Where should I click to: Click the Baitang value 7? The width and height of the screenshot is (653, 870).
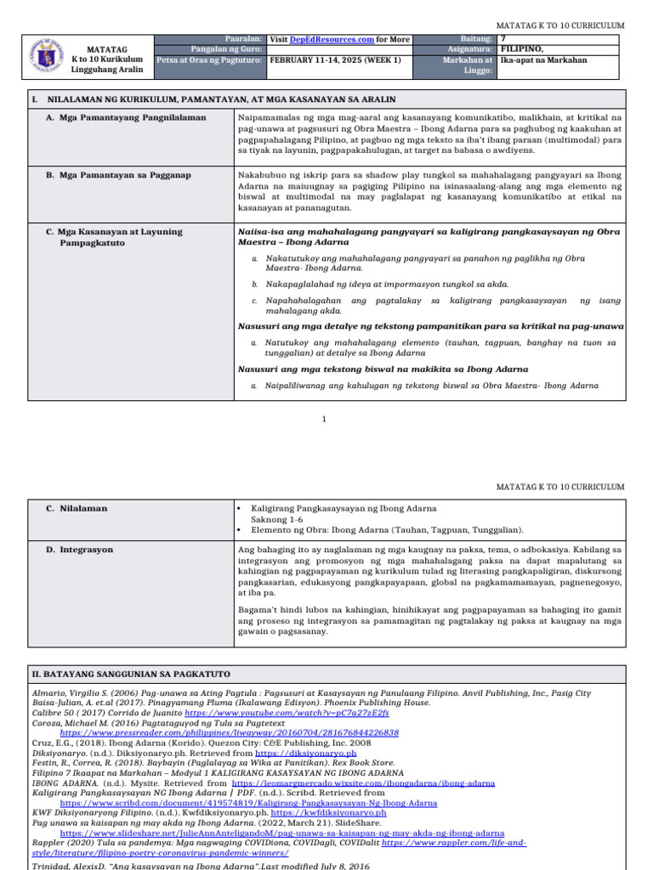(x=503, y=39)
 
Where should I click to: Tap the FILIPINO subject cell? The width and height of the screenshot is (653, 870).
(x=521, y=49)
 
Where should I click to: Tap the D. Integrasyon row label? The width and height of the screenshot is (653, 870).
(x=86, y=550)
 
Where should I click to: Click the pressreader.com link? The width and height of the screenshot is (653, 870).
(x=229, y=732)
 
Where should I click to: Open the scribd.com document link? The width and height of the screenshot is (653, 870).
(x=248, y=802)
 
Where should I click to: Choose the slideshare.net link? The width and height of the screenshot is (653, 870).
(x=281, y=833)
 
